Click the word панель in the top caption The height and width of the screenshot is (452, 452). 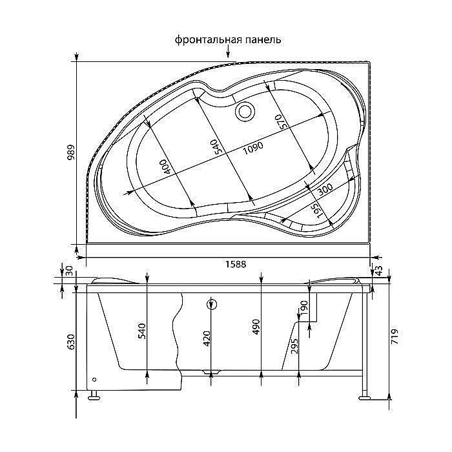click(262, 40)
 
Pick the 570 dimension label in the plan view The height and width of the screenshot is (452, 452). click(280, 122)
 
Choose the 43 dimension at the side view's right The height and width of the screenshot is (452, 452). click(378, 271)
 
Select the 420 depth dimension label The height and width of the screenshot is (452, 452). click(207, 338)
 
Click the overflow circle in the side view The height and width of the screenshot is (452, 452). click(211, 305)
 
